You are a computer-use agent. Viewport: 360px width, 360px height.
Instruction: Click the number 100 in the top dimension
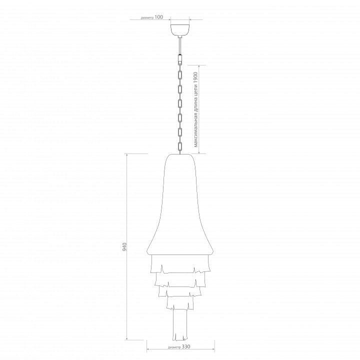pyautogui.click(x=158, y=17)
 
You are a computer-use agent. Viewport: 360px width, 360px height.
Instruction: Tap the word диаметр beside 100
pyautogui.click(x=147, y=17)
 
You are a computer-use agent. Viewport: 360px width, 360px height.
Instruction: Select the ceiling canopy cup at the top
pyautogui.click(x=180, y=29)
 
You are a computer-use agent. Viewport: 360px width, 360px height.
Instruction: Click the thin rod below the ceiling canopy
pyautogui.click(x=180, y=45)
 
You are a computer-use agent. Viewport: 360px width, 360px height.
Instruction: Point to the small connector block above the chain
pyautogui.click(x=180, y=59)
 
